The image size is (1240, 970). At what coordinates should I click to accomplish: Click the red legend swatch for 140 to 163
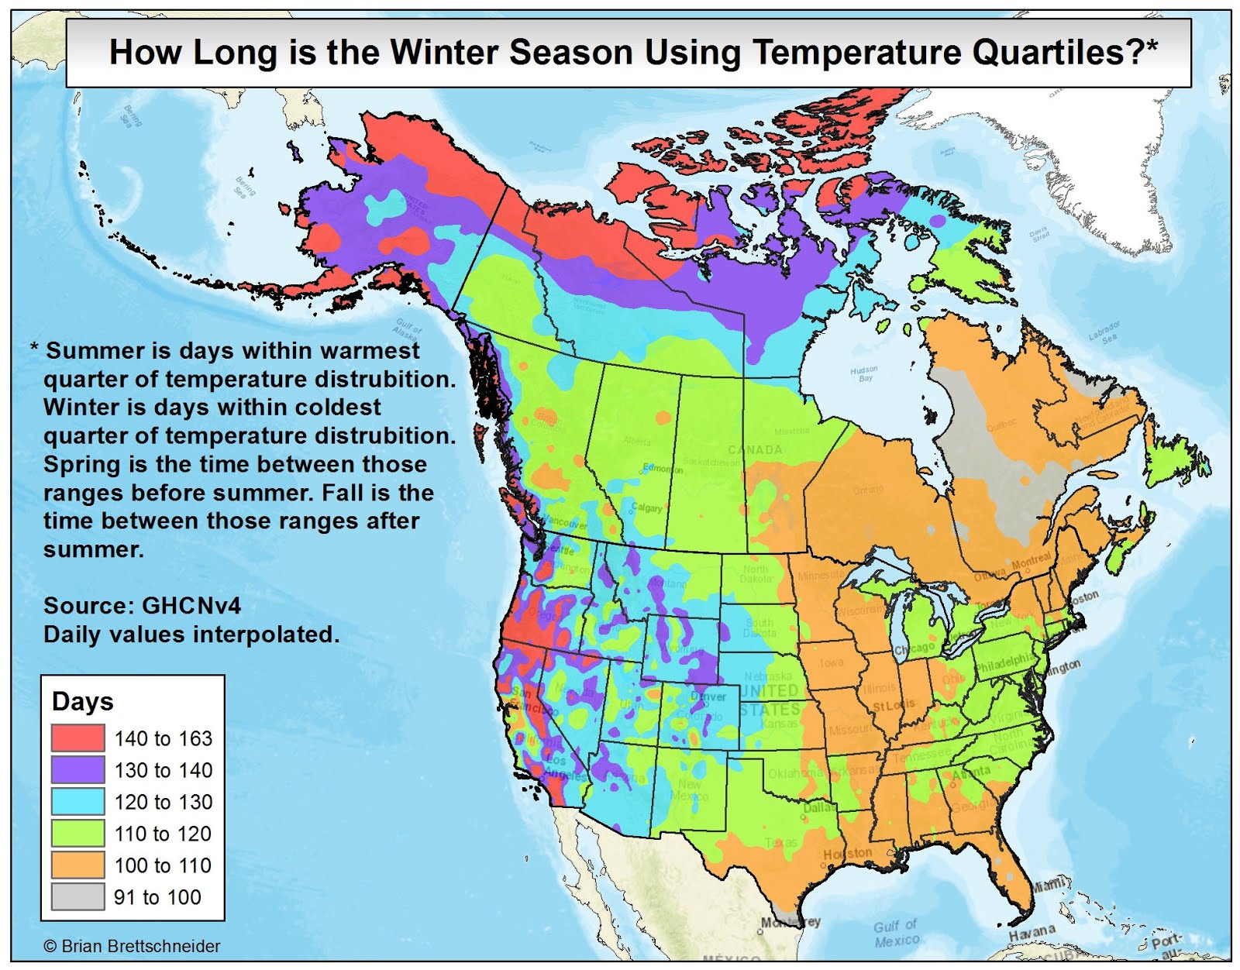click(x=78, y=738)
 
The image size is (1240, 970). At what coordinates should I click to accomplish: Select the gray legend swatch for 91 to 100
click(x=78, y=896)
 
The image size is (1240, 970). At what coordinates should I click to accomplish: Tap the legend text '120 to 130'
click(x=163, y=802)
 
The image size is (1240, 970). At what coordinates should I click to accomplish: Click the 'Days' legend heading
click(x=82, y=701)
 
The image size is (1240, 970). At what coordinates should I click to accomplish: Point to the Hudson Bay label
click(x=864, y=373)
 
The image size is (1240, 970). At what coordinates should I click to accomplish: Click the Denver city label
click(x=708, y=696)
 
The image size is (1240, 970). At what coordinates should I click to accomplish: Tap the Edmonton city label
click(x=663, y=469)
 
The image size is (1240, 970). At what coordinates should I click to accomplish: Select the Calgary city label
click(x=647, y=507)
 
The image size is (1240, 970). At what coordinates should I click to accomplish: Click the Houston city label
click(x=847, y=853)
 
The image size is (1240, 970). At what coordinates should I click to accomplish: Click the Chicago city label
click(x=914, y=648)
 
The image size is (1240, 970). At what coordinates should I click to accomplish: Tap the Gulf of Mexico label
click(x=896, y=933)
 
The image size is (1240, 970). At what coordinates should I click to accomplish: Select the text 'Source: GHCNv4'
click(x=142, y=605)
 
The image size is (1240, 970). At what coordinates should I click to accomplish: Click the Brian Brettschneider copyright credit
click(x=132, y=946)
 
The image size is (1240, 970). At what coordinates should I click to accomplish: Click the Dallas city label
click(x=819, y=807)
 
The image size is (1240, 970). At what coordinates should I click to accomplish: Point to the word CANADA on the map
click(x=755, y=449)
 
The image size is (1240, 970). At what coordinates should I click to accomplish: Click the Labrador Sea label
click(x=1104, y=332)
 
